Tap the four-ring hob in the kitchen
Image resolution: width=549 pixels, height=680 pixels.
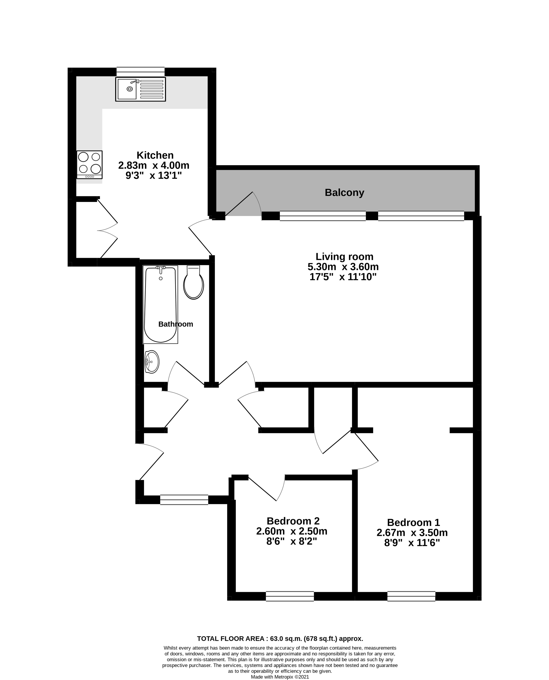[x=89, y=164]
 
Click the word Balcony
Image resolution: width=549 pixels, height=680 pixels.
[x=344, y=193]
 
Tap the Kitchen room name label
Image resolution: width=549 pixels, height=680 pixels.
[x=155, y=155]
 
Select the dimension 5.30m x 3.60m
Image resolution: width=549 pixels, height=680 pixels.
[x=343, y=267]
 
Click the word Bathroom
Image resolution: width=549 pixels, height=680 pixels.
[x=176, y=324]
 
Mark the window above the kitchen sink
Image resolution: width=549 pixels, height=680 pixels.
[x=140, y=72]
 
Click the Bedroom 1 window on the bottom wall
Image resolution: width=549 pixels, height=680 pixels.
[x=411, y=596]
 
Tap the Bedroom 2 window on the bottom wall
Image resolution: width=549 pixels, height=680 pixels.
[x=290, y=596]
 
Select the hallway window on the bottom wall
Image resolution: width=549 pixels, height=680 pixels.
[x=184, y=500]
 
